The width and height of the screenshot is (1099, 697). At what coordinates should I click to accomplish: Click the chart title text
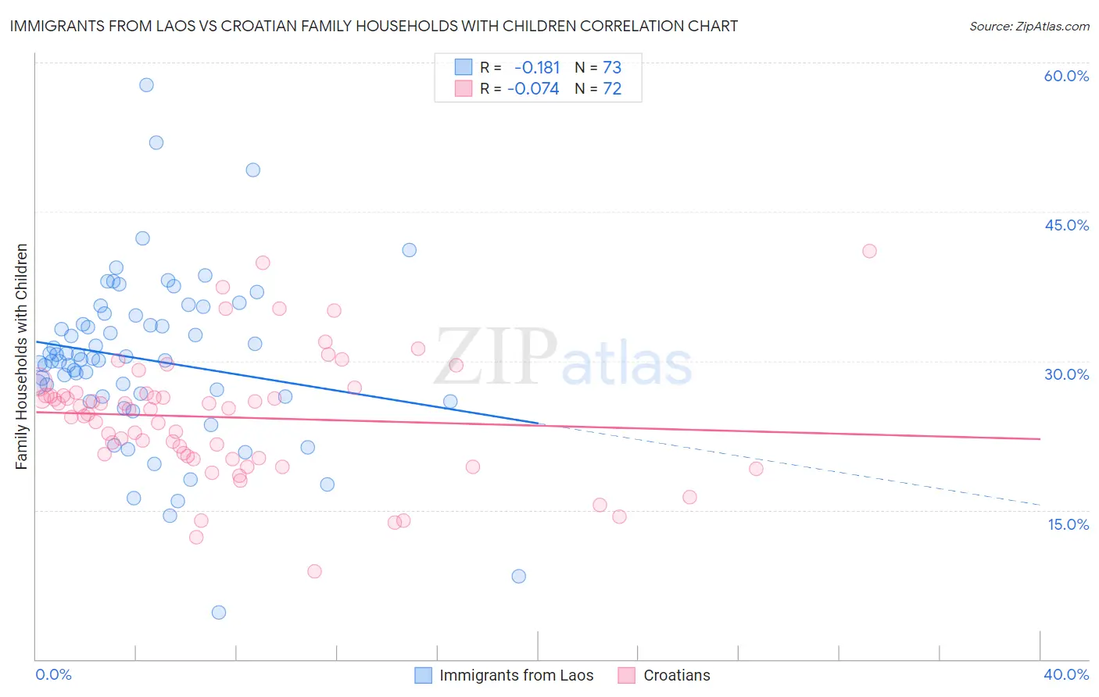373,27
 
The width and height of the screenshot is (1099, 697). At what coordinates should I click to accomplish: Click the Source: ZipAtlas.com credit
1029,27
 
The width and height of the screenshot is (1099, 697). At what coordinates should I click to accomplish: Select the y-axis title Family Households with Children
22,356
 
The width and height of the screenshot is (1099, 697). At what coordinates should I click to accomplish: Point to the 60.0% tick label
1066,76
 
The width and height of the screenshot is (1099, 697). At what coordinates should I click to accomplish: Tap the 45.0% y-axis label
1066,225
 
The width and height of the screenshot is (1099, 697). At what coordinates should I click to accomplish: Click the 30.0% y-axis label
1066,374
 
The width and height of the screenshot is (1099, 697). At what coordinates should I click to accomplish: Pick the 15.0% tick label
1068,524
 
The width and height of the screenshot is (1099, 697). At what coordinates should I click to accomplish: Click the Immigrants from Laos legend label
516,676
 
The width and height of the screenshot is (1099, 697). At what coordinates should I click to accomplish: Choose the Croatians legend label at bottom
677,676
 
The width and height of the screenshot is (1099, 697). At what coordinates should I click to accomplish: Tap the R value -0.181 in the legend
537,67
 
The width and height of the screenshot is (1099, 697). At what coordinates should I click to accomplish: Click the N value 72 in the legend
612,89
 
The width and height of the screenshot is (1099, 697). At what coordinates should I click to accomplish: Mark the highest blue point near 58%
146,85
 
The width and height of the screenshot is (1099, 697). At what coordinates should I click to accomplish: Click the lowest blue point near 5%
219,613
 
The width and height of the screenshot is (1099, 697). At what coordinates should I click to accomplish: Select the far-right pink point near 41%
869,251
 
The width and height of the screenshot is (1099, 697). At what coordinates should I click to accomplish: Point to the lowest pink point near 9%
314,571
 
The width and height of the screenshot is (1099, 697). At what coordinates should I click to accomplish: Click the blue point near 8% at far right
518,577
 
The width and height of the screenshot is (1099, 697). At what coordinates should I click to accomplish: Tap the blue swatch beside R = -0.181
464,67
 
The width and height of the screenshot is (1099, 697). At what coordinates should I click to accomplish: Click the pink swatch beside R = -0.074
464,89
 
